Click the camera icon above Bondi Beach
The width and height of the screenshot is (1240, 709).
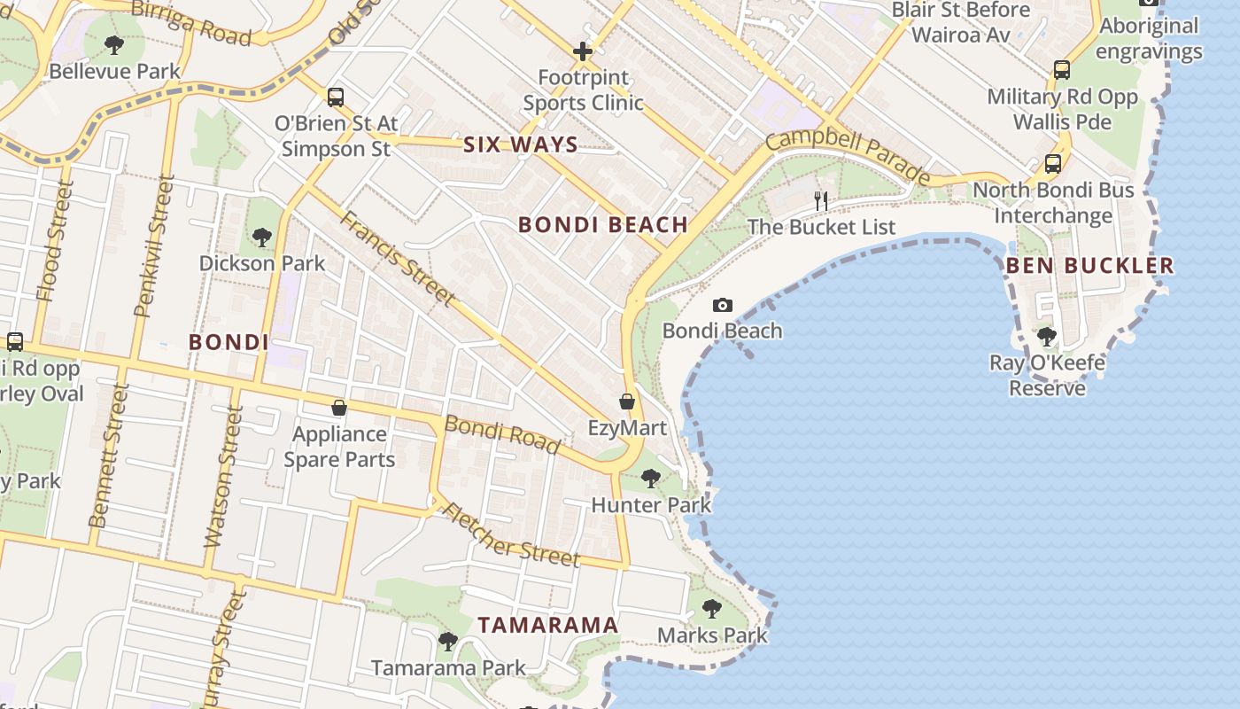[723, 306]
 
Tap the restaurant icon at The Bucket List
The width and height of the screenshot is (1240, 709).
[821, 201]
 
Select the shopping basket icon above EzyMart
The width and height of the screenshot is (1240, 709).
[627, 401]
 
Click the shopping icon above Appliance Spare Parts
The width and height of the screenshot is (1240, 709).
[338, 408]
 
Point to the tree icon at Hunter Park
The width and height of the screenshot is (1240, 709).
[651, 479]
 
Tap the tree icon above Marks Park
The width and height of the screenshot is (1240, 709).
[711, 609]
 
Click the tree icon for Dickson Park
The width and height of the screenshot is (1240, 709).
[261, 237]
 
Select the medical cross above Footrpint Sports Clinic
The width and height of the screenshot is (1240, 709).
[582, 51]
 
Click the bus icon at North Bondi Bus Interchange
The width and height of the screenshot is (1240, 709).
[1052, 164]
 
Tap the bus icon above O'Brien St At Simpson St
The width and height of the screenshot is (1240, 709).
[335, 97]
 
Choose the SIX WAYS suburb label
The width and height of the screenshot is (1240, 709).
[521, 144]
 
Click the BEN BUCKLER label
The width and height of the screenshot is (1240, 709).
[1089, 265]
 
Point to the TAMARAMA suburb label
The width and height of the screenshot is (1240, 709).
[548, 625]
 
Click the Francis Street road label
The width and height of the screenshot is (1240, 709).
[398, 258]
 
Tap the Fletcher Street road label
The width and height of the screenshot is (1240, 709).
[511, 535]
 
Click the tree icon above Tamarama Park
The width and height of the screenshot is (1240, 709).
[448, 641]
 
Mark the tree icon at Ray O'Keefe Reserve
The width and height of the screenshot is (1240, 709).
[1047, 337]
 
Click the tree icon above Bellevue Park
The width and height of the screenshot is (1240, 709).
[113, 44]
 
